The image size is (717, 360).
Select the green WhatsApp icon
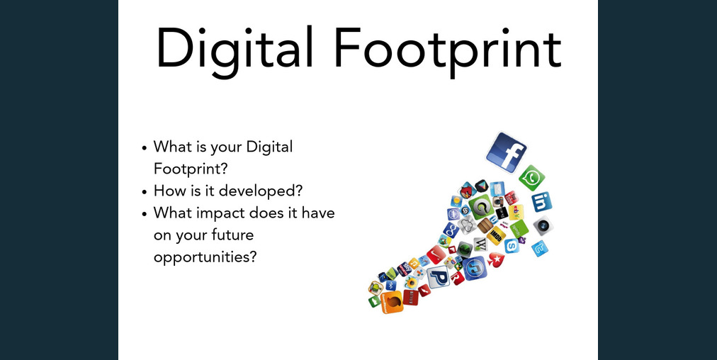click(531, 178)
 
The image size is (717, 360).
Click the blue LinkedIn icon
click(541, 202)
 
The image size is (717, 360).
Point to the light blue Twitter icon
click(540, 248)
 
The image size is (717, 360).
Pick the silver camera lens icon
click(542, 226)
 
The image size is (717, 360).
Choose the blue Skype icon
click(511, 245)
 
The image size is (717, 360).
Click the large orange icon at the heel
click(391, 302)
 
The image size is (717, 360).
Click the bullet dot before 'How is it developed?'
click(145, 191)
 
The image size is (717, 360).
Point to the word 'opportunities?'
click(205, 256)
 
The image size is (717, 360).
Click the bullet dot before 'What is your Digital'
click(145, 148)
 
